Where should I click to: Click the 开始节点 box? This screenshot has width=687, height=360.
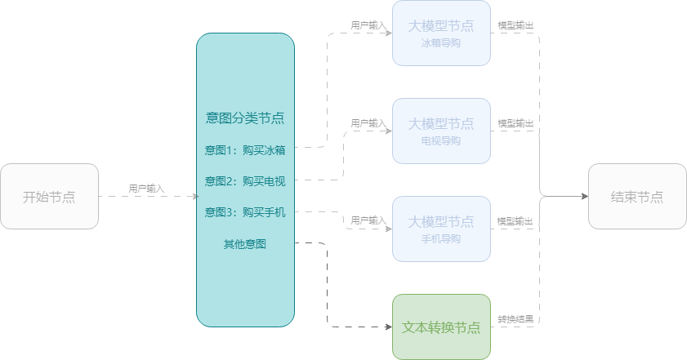tap(49, 196)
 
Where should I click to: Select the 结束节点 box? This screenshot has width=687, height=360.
tap(637, 196)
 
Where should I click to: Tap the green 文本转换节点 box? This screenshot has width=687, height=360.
tap(441, 327)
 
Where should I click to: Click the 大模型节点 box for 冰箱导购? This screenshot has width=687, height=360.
tap(441, 33)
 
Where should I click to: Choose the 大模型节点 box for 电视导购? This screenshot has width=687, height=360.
tap(441, 131)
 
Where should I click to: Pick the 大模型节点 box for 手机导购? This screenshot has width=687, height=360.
tap(441, 229)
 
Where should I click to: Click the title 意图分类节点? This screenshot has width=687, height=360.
tap(245, 118)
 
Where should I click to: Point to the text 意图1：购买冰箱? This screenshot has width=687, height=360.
tap(245, 150)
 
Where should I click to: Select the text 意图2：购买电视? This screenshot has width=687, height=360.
tap(245, 181)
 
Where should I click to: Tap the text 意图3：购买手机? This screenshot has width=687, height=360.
tap(245, 212)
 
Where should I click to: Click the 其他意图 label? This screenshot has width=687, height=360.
tap(245, 243)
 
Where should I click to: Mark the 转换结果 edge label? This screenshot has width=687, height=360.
tap(516, 319)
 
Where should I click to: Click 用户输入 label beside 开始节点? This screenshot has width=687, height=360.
tap(146, 189)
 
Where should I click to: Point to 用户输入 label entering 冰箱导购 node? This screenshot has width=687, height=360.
tap(368, 26)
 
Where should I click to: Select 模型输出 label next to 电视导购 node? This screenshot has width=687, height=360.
tap(516, 123)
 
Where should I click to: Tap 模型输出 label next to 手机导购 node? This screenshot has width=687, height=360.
tap(516, 221)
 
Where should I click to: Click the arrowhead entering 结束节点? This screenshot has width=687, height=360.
tap(584, 196)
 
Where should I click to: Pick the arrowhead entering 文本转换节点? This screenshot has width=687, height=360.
tap(388, 327)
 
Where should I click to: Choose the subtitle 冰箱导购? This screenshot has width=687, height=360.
tap(441, 43)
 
